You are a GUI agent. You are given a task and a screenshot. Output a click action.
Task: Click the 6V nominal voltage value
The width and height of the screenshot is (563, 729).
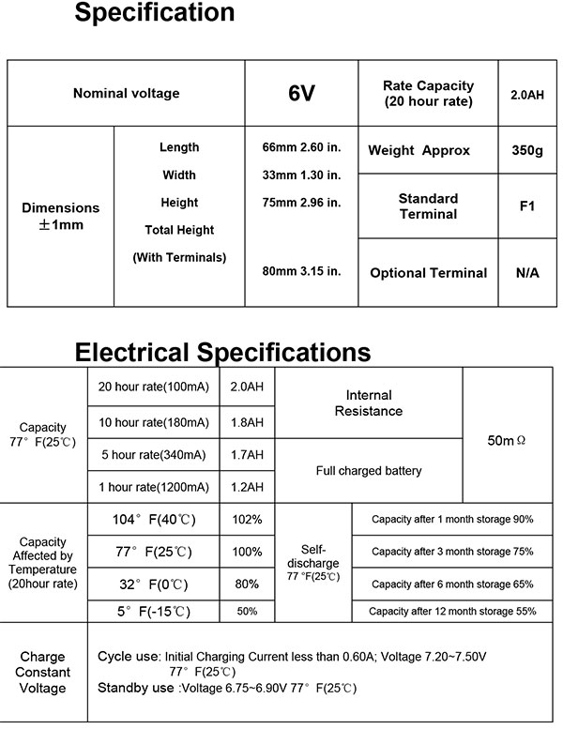[x=300, y=94]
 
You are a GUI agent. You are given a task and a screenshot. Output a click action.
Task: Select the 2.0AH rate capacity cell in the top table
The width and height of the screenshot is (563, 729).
[x=526, y=95]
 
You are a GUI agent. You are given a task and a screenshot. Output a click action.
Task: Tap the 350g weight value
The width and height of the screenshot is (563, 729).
[x=525, y=151]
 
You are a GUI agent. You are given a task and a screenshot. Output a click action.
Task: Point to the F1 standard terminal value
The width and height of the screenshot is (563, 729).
[x=525, y=205]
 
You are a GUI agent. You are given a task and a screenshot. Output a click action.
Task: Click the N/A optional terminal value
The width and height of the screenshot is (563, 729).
[x=525, y=273]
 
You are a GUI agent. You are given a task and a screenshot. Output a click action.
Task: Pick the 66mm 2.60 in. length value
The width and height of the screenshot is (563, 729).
[x=300, y=147]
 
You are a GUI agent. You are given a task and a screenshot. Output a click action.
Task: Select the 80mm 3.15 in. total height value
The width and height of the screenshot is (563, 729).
[x=300, y=271]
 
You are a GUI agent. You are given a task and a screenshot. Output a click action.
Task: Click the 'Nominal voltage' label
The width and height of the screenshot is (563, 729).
[x=126, y=94]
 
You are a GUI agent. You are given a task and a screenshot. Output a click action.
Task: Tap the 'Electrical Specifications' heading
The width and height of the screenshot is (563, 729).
[x=222, y=352]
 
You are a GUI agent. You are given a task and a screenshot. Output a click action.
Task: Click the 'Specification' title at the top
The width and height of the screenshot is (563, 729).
[x=154, y=13]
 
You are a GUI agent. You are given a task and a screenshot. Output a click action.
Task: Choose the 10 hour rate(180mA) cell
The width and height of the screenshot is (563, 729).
[x=153, y=421]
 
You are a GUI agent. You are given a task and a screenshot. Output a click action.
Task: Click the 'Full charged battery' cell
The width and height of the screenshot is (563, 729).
[x=369, y=471]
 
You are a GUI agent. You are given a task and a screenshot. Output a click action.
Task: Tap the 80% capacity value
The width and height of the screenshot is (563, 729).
[x=247, y=585]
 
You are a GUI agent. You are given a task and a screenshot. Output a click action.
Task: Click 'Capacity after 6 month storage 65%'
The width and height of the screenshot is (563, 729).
[x=452, y=585]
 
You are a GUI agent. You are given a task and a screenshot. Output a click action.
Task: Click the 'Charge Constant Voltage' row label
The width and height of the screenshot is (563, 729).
[x=42, y=673]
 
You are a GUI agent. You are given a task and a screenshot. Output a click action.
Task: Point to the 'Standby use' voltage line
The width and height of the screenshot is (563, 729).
[x=227, y=688]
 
